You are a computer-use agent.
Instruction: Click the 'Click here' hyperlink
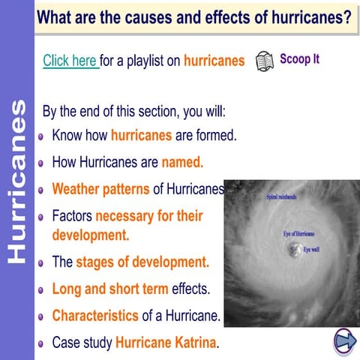[70, 61]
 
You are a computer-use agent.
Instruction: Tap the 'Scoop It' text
[299, 58]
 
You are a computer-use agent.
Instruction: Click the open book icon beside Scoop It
[264, 61]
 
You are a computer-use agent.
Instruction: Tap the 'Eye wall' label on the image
[312, 248]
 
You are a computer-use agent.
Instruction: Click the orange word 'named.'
[182, 161]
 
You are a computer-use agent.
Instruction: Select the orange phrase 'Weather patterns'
[100, 189]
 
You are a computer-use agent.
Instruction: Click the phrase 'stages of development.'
[142, 262]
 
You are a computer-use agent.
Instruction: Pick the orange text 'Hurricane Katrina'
[165, 343]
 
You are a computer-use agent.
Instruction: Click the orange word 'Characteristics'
[95, 316]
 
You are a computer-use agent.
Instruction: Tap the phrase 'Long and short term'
[110, 289]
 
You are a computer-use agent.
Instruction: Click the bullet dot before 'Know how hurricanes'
[42, 137]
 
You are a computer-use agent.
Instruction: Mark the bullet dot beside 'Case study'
[42, 344]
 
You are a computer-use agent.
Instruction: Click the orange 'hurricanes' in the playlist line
[214, 61]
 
